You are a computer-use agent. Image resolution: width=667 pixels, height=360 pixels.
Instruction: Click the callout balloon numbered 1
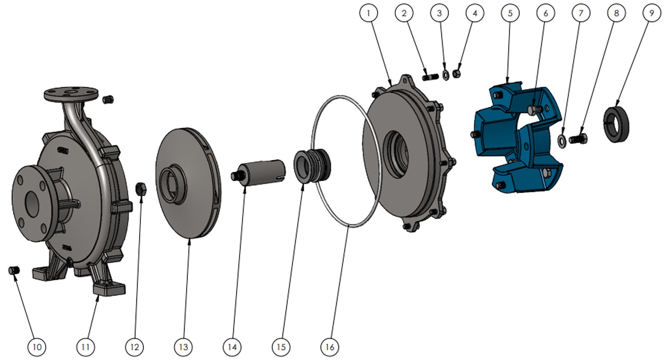point(369,13)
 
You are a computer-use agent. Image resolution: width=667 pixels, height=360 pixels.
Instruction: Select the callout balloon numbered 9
point(652,13)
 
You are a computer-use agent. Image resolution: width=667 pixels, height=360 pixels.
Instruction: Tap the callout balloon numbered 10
point(37,347)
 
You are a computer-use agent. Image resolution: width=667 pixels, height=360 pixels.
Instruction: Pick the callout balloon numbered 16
point(330,347)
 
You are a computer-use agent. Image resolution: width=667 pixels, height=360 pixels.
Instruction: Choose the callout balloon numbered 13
point(183,347)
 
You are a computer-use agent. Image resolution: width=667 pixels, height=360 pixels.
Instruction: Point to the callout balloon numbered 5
point(510,13)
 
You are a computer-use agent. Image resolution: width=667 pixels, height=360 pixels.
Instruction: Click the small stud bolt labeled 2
point(431,78)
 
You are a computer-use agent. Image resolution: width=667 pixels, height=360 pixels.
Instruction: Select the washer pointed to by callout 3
point(445,75)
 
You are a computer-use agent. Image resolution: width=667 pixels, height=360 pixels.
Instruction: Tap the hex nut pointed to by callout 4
point(457,74)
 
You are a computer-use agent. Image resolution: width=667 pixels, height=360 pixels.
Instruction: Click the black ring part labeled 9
point(615,124)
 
